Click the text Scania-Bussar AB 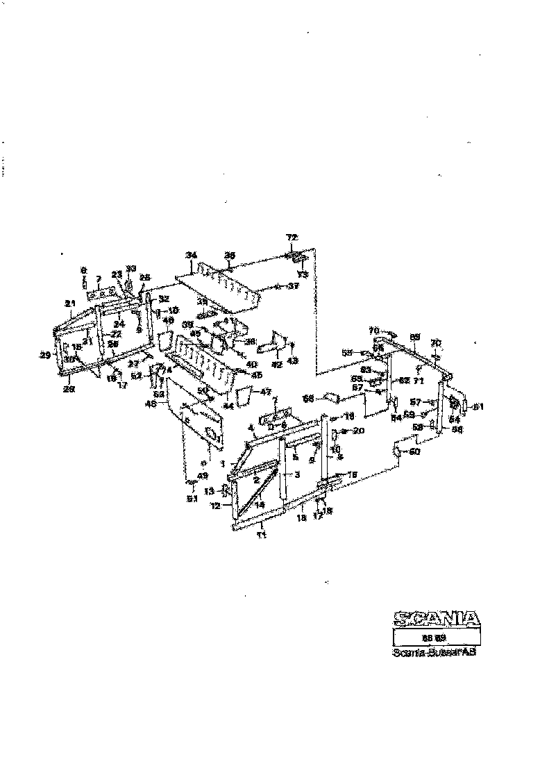coord(434,652)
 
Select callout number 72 coord(292,238)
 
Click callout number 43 coord(293,360)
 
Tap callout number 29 coord(45,355)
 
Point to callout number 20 coord(359,431)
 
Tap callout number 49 coord(203,475)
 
